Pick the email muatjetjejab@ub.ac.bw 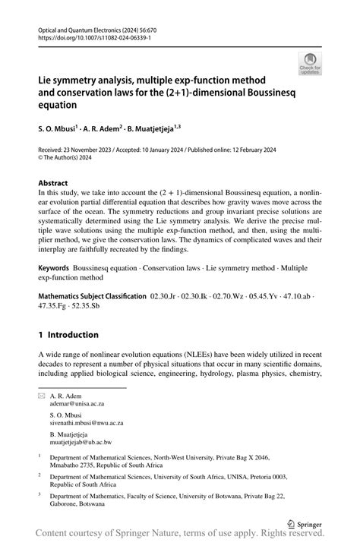81,440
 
